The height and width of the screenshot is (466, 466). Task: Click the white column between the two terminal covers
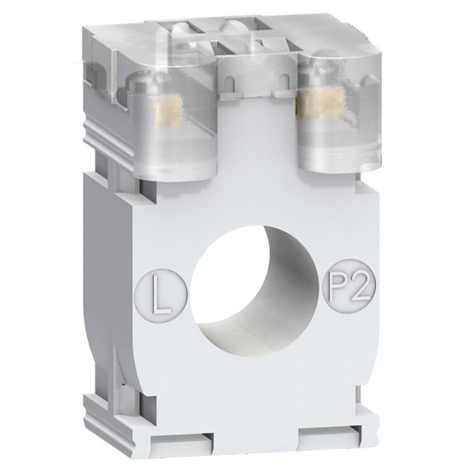(x=258, y=137)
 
